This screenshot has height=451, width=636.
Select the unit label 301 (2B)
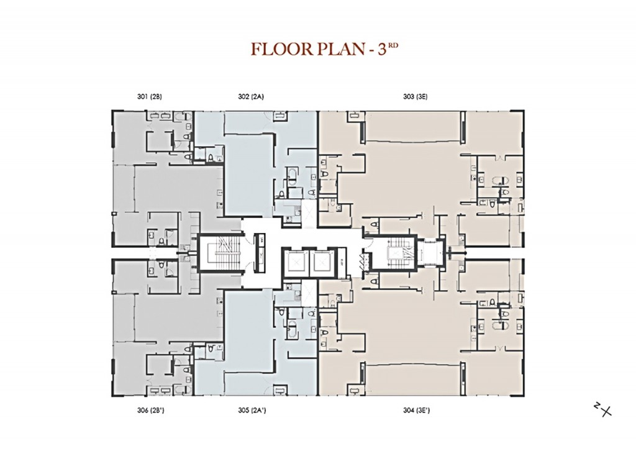[150, 96]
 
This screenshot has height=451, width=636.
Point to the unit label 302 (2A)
[252, 96]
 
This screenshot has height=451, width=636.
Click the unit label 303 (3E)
[416, 96]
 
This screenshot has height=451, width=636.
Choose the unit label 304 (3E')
[416, 410]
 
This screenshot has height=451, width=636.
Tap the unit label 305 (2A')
[252, 410]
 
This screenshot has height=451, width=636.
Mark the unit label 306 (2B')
[150, 410]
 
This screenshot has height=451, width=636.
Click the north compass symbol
[602, 409]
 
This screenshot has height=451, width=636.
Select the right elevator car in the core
[322, 261]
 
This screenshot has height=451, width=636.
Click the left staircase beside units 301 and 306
[219, 253]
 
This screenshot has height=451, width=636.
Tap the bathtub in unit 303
[500, 181]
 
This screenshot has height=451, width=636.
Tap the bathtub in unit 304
[500, 326]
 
